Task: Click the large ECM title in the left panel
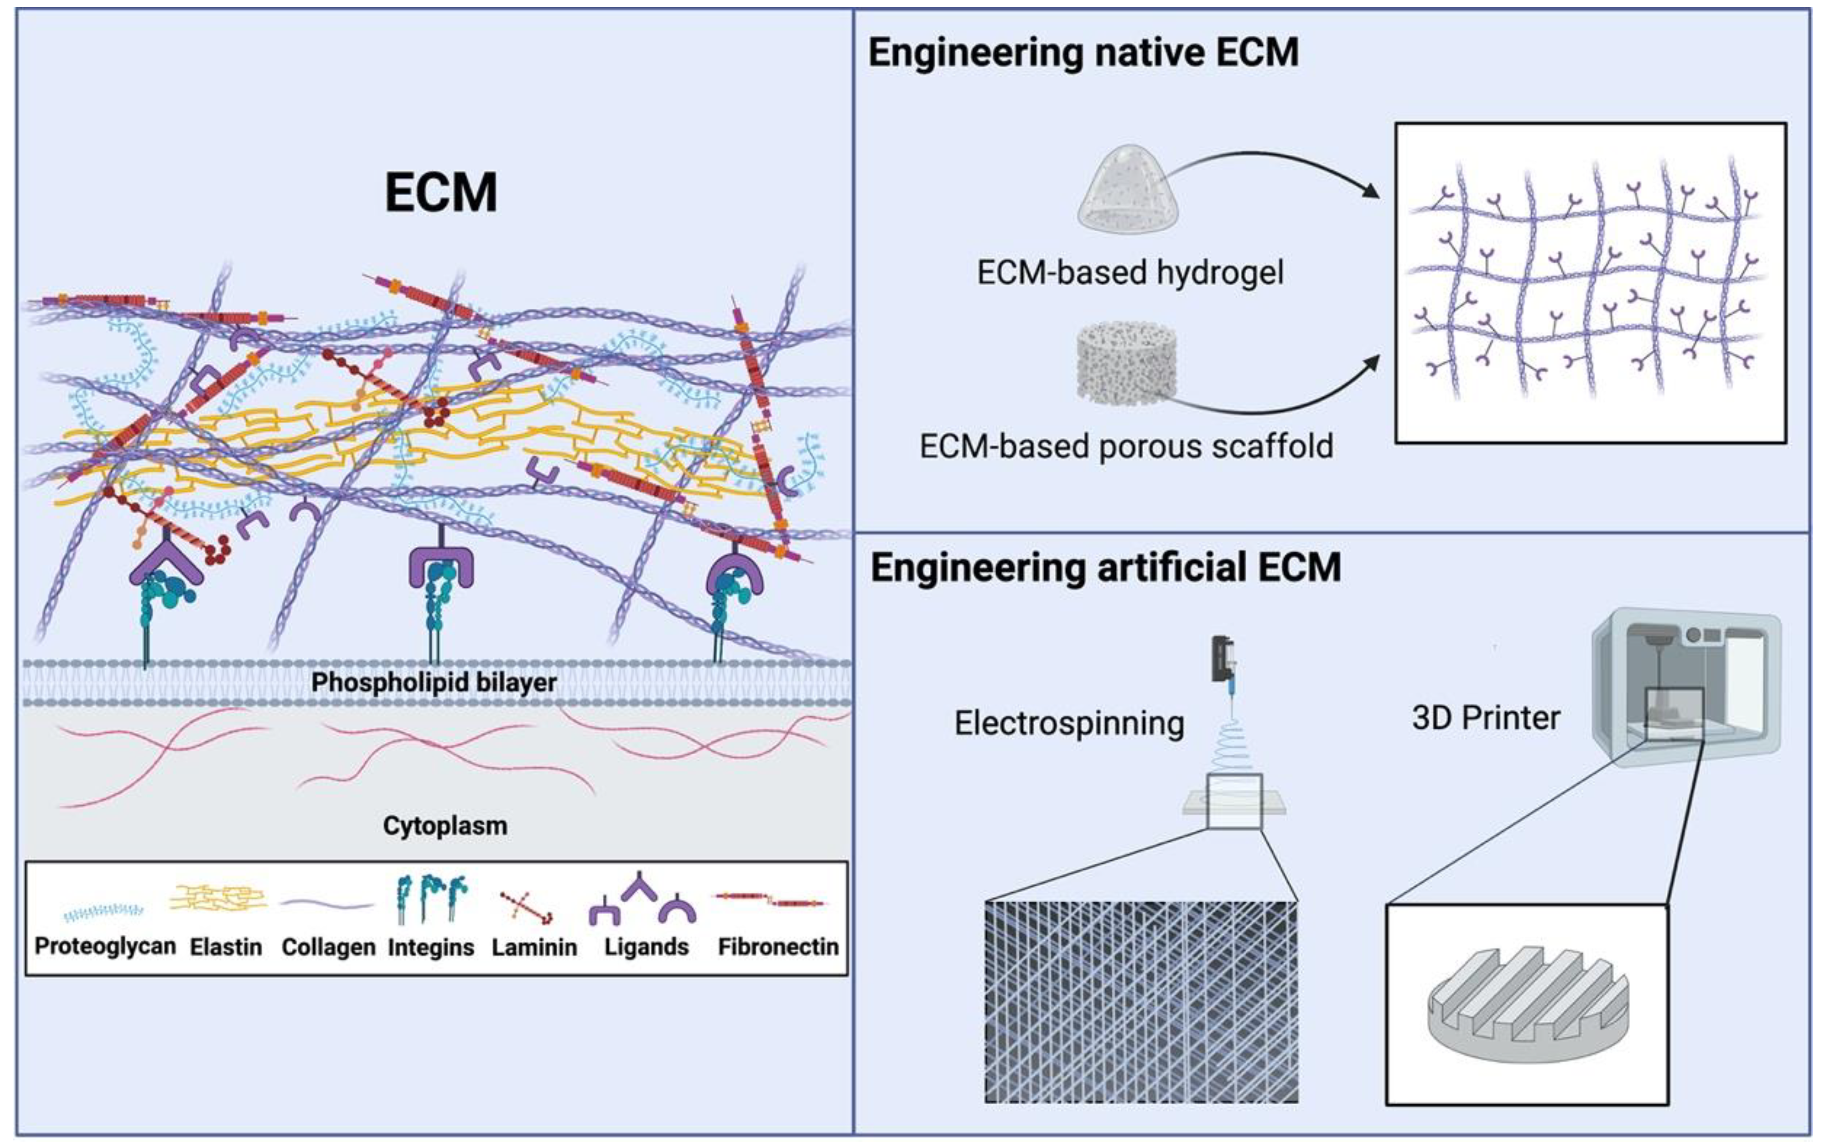point(441,193)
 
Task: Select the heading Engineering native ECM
point(1083,53)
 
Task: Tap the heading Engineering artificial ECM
point(1105,568)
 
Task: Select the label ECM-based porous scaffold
point(1127,447)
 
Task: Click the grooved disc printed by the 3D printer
point(1526,1003)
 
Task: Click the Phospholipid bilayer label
point(434,683)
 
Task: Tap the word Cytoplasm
point(445,825)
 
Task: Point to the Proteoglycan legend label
point(105,946)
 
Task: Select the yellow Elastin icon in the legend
point(218,900)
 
